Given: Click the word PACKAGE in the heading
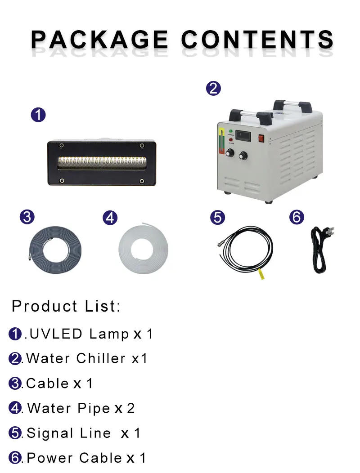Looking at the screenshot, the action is [99, 39].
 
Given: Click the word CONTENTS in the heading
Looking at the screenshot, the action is [257, 39].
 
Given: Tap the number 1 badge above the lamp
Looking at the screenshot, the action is [38, 115].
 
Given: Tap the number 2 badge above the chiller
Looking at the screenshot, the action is [213, 89].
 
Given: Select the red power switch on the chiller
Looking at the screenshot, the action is [261, 138].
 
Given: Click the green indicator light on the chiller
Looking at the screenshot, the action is [231, 131].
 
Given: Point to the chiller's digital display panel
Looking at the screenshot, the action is [243, 136].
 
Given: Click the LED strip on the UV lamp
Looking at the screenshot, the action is [102, 163].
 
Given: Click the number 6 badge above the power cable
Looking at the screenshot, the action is [297, 217].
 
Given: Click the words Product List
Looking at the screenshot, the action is [66, 306].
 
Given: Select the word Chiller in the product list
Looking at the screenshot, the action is [100, 358].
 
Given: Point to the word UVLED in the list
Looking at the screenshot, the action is [56, 334].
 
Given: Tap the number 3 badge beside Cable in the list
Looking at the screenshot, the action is [15, 384].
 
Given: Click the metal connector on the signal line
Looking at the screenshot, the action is [220, 243].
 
